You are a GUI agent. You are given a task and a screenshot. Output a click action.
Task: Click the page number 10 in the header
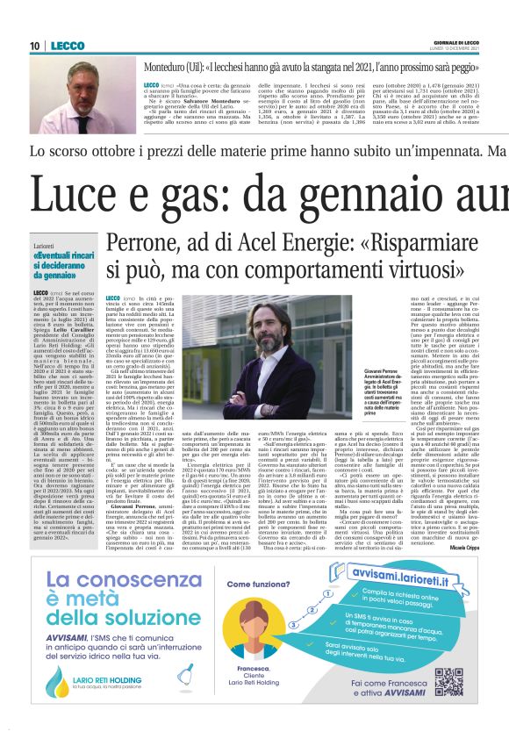[36, 46]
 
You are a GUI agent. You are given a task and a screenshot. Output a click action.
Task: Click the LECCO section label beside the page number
[68, 46]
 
